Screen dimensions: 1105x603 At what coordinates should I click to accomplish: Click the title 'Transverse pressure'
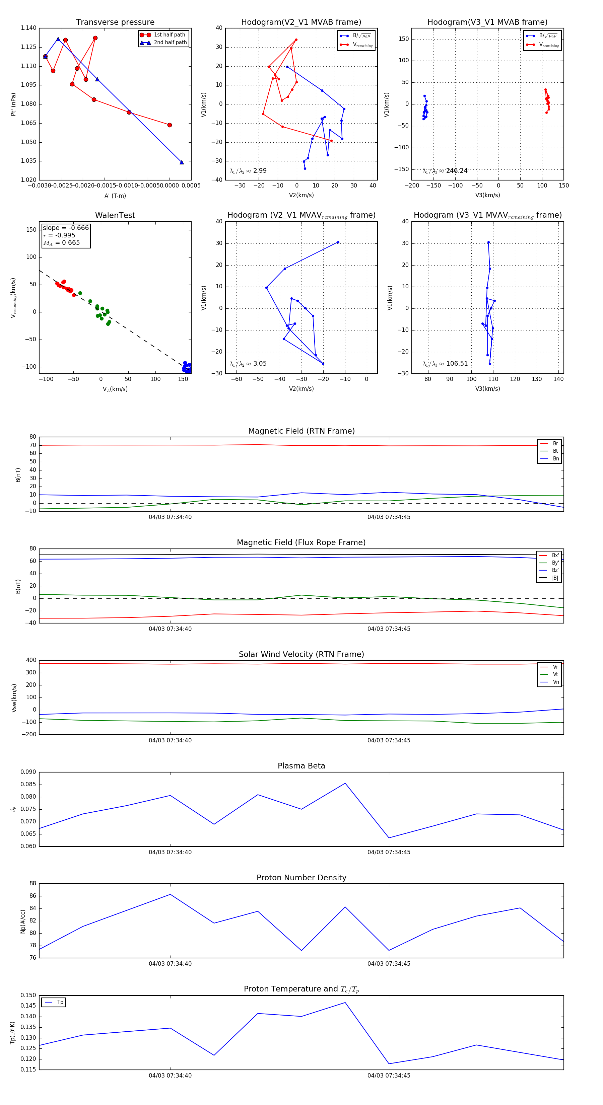115,22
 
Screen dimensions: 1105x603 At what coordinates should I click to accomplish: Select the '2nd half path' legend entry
170,43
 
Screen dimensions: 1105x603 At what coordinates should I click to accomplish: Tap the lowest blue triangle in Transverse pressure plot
182,162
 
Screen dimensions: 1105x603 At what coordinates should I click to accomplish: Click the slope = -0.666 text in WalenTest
66,228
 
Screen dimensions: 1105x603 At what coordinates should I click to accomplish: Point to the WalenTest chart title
115,215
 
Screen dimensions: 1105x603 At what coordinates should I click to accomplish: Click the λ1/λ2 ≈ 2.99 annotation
248,171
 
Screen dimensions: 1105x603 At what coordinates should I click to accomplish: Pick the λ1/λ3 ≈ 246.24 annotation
445,171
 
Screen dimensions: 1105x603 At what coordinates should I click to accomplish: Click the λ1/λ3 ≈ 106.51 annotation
445,364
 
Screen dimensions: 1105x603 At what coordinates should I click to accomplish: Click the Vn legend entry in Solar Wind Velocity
555,682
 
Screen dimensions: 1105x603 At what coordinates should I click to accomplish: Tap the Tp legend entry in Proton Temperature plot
60,1003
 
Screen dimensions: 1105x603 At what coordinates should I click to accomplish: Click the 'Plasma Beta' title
301,766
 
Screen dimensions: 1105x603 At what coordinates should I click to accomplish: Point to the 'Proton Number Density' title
301,878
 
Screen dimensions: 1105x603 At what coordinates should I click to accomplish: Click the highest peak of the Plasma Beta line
345,783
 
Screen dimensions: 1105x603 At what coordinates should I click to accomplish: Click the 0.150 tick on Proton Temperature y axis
28,995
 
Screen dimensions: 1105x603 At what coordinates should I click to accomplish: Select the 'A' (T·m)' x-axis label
115,196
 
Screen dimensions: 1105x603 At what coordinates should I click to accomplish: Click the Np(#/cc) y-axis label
23,922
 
